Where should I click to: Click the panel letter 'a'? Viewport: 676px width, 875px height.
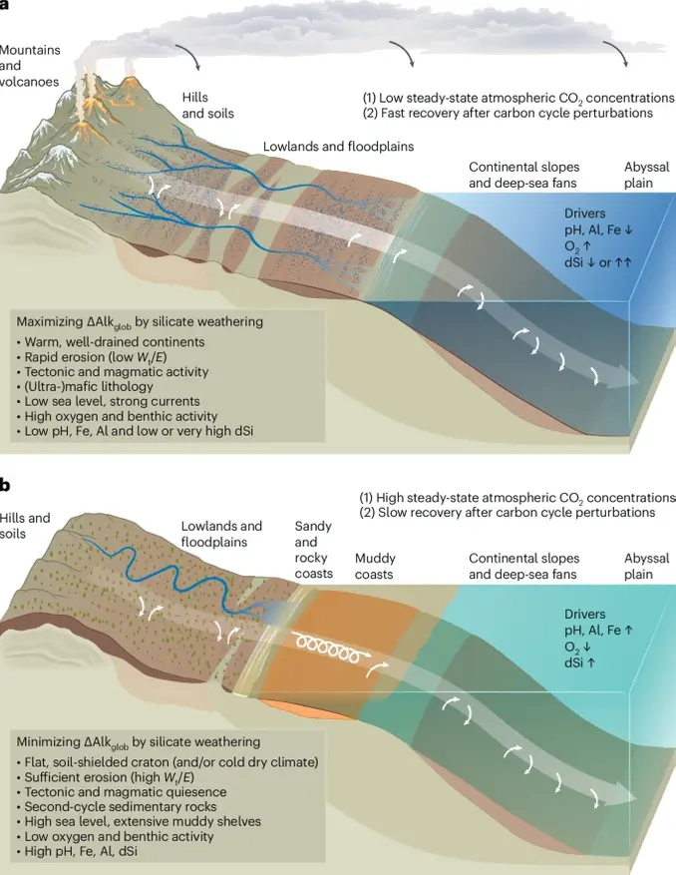click(5, 5)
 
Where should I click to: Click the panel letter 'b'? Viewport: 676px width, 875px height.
click(6, 486)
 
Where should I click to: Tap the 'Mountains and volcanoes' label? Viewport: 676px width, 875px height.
click(30, 66)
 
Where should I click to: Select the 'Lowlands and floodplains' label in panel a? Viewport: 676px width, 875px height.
click(338, 147)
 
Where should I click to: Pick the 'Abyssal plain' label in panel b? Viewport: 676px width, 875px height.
click(646, 566)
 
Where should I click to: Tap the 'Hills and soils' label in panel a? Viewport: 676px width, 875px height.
click(207, 106)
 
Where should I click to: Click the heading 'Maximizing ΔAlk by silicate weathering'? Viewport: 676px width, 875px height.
click(140, 322)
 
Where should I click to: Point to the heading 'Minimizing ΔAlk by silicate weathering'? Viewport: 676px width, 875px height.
click(139, 742)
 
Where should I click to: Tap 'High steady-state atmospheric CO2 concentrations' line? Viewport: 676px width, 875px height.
click(516, 497)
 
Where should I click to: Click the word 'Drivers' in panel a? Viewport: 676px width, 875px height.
click(584, 214)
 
